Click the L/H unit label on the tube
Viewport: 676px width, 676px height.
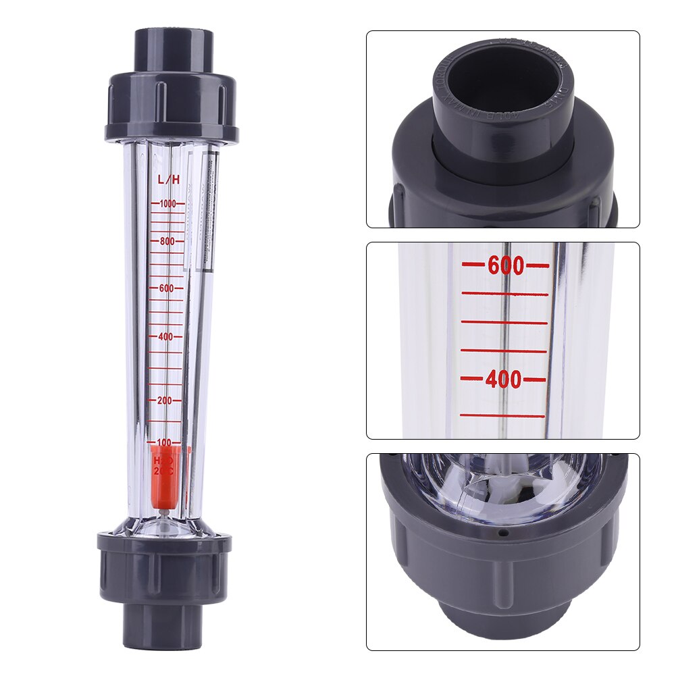167,180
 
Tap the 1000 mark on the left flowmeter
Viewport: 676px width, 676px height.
167,203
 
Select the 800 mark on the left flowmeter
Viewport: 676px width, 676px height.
167,241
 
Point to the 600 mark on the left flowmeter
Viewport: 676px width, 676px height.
167,288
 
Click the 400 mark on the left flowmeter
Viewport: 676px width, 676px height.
167,336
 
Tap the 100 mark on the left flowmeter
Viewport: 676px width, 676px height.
164,442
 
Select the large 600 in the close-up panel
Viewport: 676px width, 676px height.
505,266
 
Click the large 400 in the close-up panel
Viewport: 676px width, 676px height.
504,380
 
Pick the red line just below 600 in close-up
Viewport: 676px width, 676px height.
505,294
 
